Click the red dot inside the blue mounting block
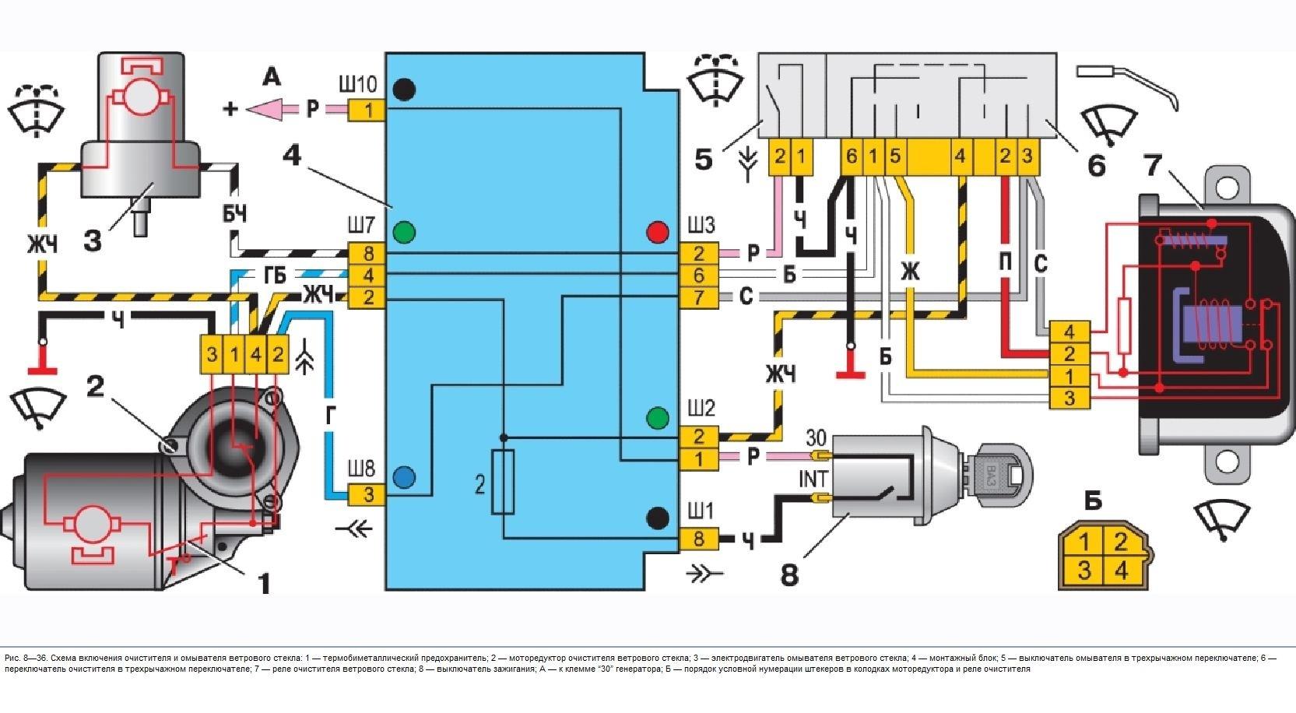(658, 232)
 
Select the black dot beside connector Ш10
(403, 90)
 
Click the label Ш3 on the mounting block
(701, 226)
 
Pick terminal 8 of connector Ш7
(367, 253)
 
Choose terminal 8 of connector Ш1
(699, 539)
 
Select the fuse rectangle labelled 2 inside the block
(503, 482)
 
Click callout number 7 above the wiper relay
(1154, 167)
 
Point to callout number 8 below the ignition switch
(789, 575)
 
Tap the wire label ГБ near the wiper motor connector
(275, 275)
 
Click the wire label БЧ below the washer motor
(234, 213)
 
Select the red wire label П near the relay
(1004, 263)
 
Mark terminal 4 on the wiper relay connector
(1069, 332)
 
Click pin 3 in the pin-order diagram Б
(1084, 571)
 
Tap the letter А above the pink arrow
(271, 76)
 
